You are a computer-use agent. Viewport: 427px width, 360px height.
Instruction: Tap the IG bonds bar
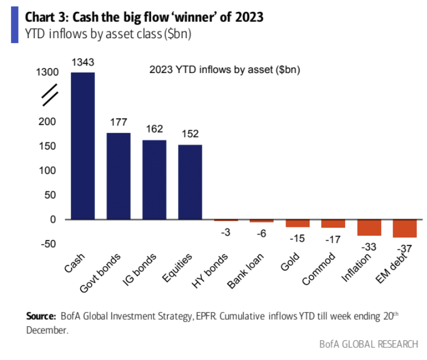154,179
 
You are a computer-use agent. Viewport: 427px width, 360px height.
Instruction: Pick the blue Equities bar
189,182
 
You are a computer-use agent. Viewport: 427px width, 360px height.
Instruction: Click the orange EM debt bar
405,229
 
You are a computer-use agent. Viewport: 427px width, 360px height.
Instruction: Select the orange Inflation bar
369,227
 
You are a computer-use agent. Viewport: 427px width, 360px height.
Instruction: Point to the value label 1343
82,63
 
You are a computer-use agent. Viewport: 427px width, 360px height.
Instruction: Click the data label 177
118,123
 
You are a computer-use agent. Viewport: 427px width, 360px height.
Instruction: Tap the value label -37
405,249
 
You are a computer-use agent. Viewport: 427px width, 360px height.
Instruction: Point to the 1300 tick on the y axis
47,73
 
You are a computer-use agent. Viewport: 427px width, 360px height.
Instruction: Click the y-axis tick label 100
50,171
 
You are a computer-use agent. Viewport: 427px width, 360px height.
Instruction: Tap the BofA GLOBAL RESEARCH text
369,345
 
